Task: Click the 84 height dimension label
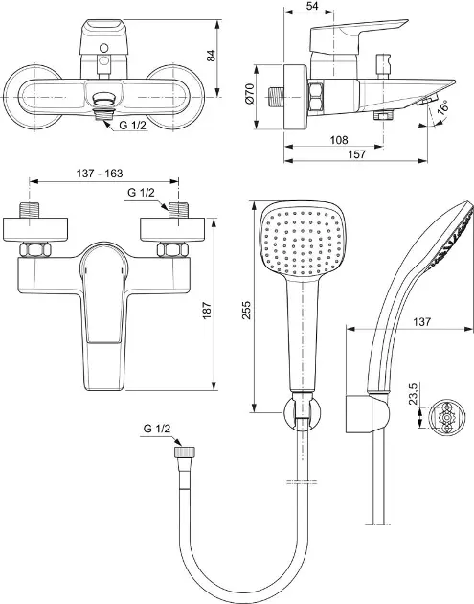pyautogui.click(x=212, y=55)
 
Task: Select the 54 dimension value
pyautogui.click(x=312, y=6)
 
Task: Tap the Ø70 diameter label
pyautogui.click(x=249, y=94)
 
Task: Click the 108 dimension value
pyautogui.click(x=339, y=139)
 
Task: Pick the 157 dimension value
pyautogui.click(x=356, y=154)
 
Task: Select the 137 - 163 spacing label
pyautogui.click(x=100, y=174)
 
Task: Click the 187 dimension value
pyautogui.click(x=207, y=311)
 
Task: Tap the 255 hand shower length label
pyautogui.click(x=246, y=311)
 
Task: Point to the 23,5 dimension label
pyautogui.click(x=414, y=394)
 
